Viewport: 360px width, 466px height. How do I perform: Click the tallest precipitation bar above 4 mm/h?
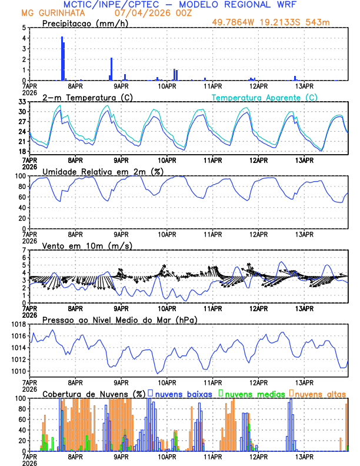pyautogui.click(x=62, y=58)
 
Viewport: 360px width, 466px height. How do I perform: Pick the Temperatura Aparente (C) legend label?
pyautogui.click(x=265, y=97)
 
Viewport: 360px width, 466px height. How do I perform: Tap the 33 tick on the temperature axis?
pyautogui.click(x=22, y=102)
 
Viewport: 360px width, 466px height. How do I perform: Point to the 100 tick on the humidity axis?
pyautogui.click(x=20, y=176)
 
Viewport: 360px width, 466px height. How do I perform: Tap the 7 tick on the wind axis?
pyautogui.click(x=24, y=250)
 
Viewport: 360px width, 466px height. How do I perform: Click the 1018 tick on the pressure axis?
pyautogui.click(x=18, y=324)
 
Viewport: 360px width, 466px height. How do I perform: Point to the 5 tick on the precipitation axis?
pyautogui.click(x=24, y=28)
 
